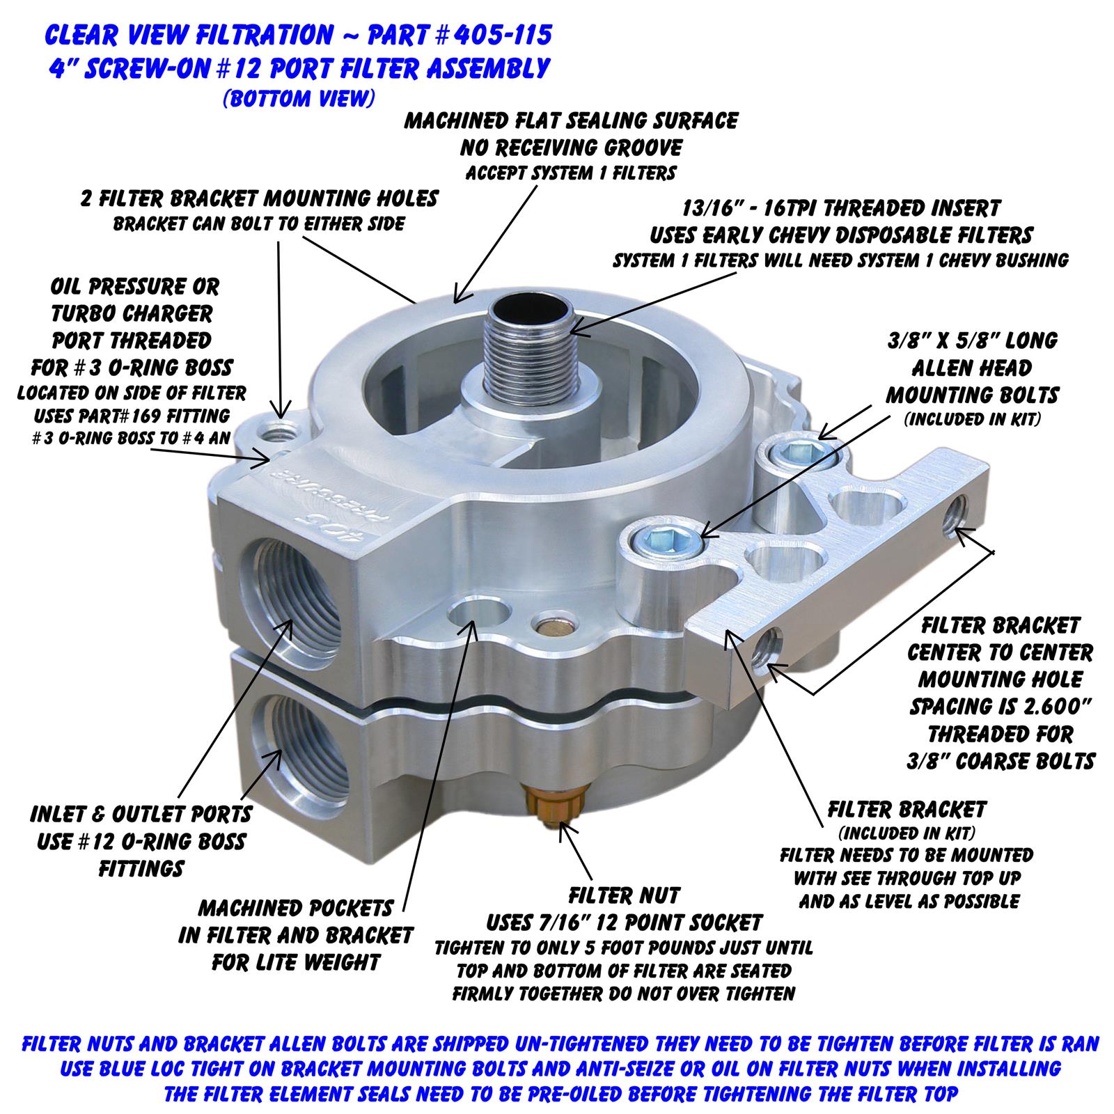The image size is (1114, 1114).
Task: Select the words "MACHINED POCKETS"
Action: [296, 908]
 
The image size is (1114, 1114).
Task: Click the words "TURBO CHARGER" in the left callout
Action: [132, 313]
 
